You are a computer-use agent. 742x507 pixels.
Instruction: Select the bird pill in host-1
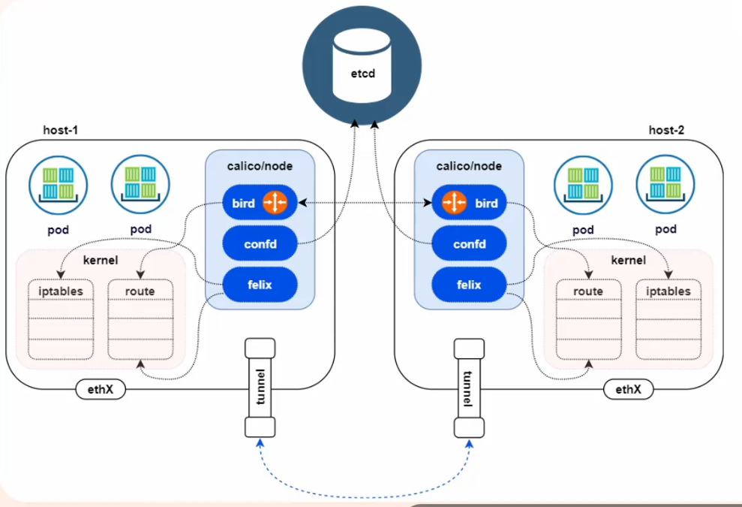260,203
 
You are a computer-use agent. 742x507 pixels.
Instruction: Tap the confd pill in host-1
260,244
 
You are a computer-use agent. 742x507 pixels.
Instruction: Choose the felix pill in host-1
260,285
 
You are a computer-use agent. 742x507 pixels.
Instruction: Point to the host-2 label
666,130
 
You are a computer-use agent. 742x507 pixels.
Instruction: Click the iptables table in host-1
61,318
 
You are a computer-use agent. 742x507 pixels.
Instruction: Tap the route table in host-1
140,318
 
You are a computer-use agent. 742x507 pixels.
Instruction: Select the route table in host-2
588,318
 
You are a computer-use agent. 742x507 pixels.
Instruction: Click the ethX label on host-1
101,390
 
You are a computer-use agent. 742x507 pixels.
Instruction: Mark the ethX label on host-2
628,390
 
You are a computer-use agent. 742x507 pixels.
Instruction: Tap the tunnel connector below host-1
260,388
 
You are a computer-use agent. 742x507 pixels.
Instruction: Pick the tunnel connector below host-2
469,388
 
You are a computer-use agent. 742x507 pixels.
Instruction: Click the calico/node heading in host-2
469,166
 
